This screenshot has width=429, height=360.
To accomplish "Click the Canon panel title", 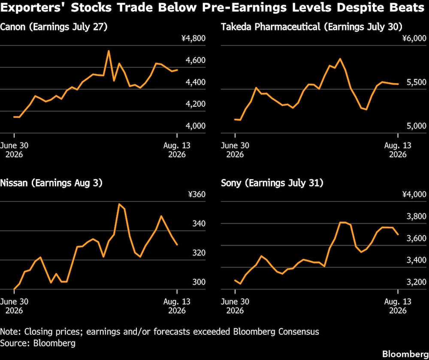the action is (x=54, y=27).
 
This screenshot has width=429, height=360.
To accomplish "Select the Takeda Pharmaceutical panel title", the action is (x=311, y=27).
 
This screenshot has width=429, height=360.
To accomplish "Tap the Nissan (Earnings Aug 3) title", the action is (x=51, y=183).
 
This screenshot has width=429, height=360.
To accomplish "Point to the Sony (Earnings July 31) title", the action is (x=272, y=183).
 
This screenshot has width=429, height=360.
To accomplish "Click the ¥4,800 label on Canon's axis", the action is (x=193, y=38).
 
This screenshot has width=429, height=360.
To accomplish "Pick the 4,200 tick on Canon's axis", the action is (x=195, y=104).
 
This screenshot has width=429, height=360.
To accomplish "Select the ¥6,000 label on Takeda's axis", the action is (x=414, y=38).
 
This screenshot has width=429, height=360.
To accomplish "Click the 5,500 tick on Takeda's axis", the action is (x=417, y=82).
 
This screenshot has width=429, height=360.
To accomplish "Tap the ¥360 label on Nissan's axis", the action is (x=197, y=194).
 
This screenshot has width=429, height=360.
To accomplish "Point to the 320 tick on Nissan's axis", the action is (x=199, y=252).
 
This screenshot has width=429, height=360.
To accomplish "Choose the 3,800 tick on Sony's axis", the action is (x=417, y=216).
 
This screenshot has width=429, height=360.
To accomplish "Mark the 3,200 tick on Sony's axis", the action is (x=417, y=282).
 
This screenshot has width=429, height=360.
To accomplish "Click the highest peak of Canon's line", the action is (x=109, y=51).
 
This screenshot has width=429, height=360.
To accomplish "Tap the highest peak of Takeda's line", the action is (x=340, y=59).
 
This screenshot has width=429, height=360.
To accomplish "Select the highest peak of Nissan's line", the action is (x=119, y=204).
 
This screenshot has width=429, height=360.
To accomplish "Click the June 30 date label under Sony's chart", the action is (x=235, y=306).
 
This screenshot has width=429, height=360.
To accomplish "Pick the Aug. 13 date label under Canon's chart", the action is (x=177, y=150).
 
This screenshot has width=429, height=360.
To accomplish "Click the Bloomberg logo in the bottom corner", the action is (x=405, y=354).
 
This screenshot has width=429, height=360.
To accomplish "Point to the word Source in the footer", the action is (x=14, y=343).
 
